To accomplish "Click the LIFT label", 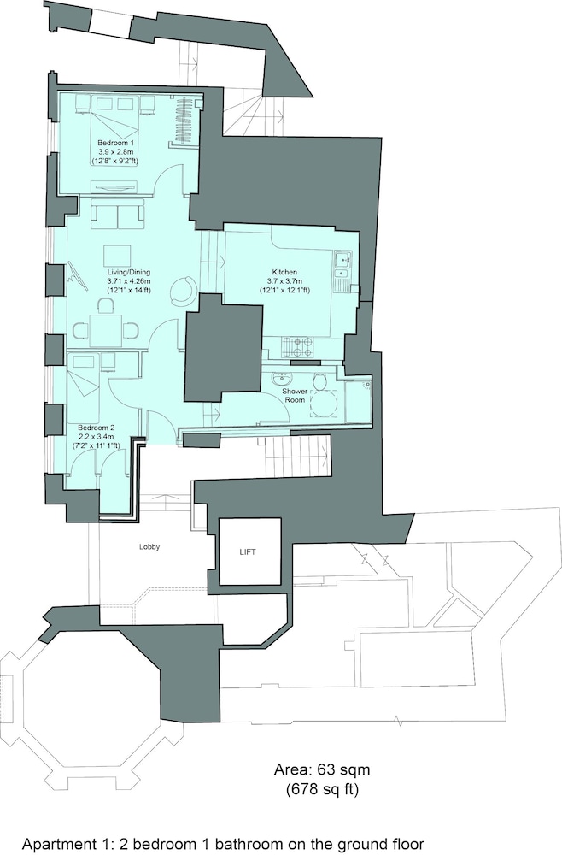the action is (x=247, y=551).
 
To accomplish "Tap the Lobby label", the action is (x=149, y=547).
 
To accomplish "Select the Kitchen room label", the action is (x=284, y=272).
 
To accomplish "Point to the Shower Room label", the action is (x=294, y=395).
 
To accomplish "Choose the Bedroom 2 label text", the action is (x=96, y=428).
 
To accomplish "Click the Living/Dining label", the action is (x=128, y=272).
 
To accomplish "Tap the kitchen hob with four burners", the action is (x=297, y=345).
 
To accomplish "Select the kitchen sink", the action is (x=342, y=264).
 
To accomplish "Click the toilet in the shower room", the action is (x=319, y=381).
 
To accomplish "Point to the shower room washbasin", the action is (x=282, y=378).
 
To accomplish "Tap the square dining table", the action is (x=105, y=331).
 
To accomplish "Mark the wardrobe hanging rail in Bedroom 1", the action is (x=181, y=120).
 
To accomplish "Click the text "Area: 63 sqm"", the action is (x=322, y=770).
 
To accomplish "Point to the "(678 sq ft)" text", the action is (x=322, y=788).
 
